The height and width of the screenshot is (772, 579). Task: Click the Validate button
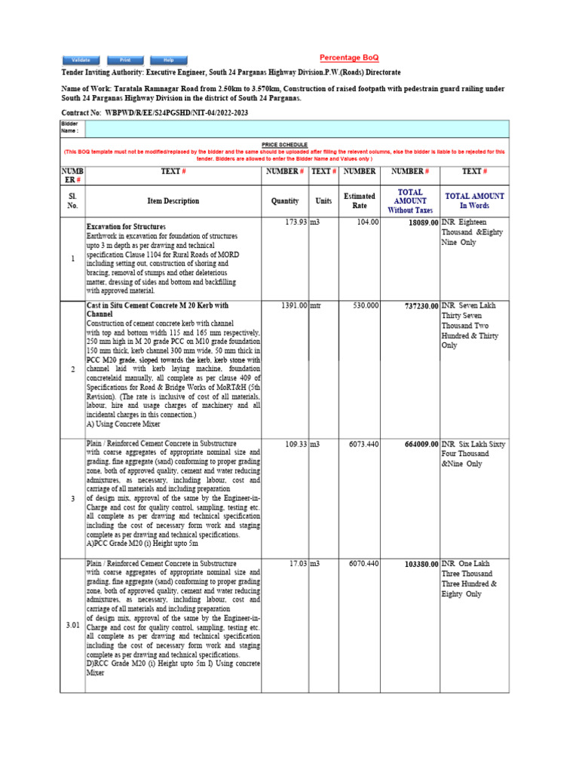tap(81, 60)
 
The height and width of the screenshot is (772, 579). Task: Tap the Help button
tap(169, 60)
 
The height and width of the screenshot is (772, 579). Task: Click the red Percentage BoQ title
tap(349, 58)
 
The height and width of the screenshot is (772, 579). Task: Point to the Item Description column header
tap(173, 201)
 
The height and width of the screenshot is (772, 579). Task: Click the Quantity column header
tap(285, 201)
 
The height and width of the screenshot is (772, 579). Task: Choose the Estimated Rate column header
tap(360, 201)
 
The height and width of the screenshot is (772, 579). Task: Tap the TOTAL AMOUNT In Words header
tap(474, 201)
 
